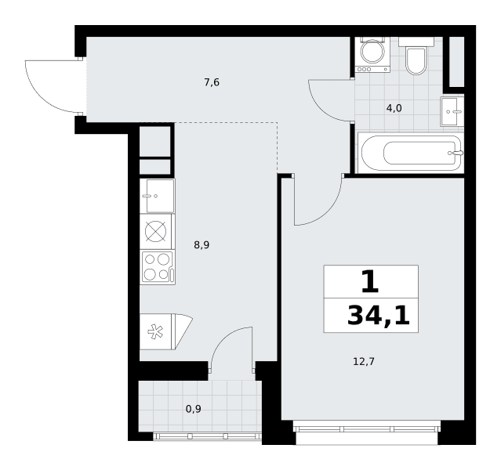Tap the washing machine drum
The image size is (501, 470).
(x=372, y=51)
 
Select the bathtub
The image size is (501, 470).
(x=411, y=153)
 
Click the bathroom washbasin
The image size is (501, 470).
(x=452, y=111)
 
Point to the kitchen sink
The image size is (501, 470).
(x=158, y=196)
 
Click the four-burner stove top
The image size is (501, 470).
(x=158, y=267)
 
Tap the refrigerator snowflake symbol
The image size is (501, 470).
(x=155, y=331)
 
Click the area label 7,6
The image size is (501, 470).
(x=212, y=83)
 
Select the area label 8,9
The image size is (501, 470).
(x=201, y=245)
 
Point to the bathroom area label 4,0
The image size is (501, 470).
(x=394, y=109)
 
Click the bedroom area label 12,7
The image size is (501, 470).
(x=364, y=362)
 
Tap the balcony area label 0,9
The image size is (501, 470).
(x=194, y=409)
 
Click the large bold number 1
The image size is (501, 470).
(x=370, y=281)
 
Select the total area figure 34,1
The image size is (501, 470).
(x=379, y=316)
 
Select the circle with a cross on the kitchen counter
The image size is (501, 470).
(x=155, y=232)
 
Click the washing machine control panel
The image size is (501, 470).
(x=373, y=69)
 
